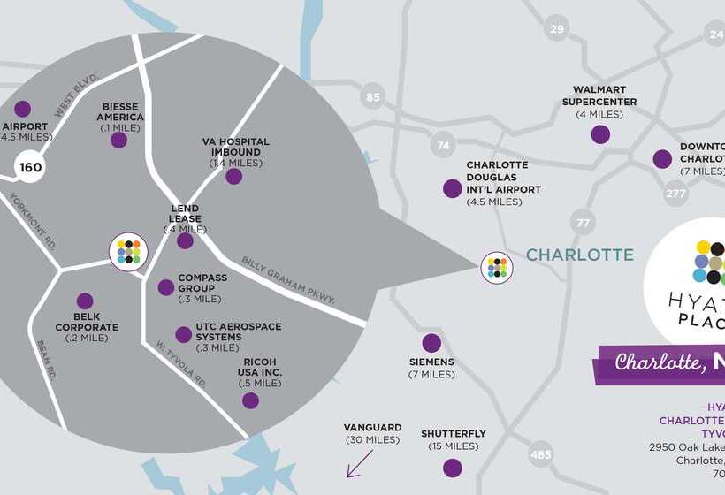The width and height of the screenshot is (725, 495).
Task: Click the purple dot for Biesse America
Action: tap(118, 140)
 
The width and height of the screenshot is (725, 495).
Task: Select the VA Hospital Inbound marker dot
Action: tap(233, 176)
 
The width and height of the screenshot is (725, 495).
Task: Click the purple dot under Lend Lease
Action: tap(185, 240)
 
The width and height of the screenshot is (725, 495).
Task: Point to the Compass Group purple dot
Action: tap(165, 287)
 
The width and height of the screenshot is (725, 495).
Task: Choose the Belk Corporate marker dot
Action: tap(85, 301)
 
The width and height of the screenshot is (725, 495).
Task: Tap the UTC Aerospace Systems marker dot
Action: tap(183, 334)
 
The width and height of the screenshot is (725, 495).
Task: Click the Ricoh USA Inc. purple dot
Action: tap(250, 400)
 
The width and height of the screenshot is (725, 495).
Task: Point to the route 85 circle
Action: tap(372, 97)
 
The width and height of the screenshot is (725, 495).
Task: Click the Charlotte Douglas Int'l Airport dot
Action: tap(452, 188)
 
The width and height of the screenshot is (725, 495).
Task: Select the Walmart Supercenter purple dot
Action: tap(600, 134)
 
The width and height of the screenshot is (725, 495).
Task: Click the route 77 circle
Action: tap(583, 223)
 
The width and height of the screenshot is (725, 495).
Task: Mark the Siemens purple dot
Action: tap(431, 343)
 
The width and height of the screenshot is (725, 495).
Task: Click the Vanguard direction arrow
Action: tap(359, 463)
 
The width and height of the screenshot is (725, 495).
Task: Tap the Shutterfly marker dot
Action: tap(453, 468)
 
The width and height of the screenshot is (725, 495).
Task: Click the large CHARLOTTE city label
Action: tap(580, 255)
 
